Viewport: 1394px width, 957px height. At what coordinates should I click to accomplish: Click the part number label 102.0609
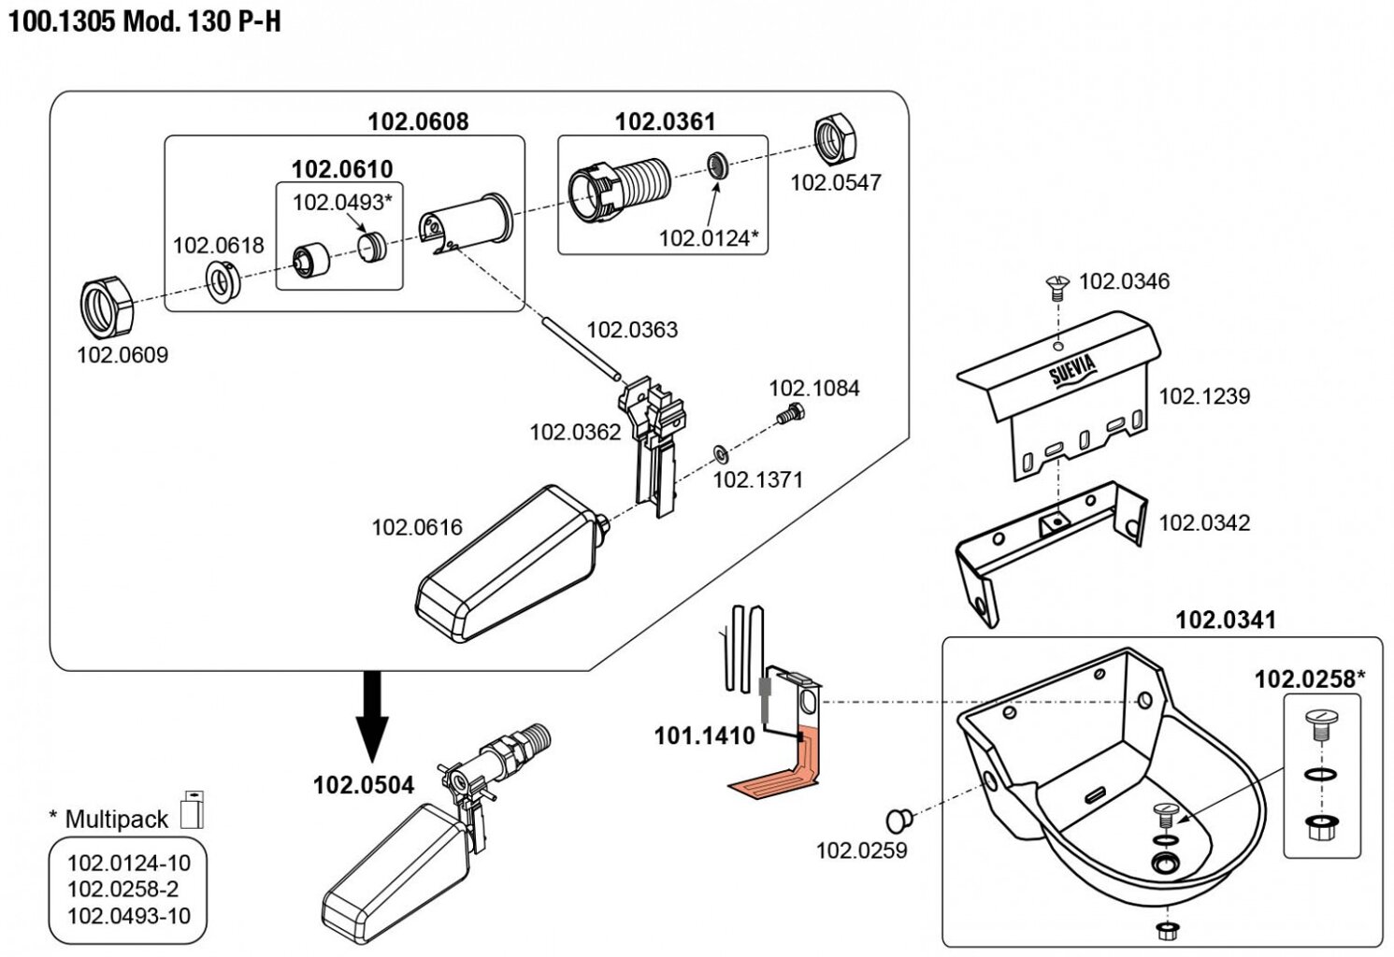coord(122,355)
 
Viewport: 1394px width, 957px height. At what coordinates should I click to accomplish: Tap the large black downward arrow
coord(373,715)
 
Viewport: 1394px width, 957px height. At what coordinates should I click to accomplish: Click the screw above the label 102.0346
coord(1057,286)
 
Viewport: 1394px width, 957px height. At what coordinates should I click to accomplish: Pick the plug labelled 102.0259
coord(899,820)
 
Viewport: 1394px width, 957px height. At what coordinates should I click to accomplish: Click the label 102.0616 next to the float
coord(417,527)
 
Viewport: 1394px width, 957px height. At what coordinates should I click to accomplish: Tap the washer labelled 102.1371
coord(722,454)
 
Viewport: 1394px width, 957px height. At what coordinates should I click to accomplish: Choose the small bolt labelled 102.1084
coord(788,414)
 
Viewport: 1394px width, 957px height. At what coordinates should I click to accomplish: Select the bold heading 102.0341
coord(1225,620)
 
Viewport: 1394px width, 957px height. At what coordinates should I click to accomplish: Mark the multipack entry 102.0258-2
coord(122,889)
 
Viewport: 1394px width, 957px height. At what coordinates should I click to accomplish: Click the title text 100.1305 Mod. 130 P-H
coord(145,21)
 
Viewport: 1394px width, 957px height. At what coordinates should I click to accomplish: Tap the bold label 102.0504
coord(363,785)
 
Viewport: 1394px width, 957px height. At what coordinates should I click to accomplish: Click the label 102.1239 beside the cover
coord(1204,396)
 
